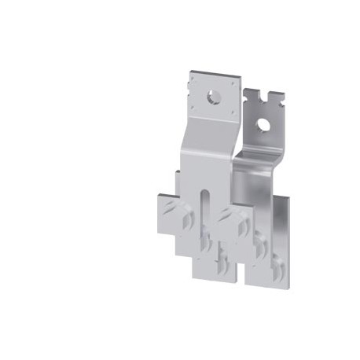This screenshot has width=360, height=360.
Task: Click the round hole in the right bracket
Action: [264, 124]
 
